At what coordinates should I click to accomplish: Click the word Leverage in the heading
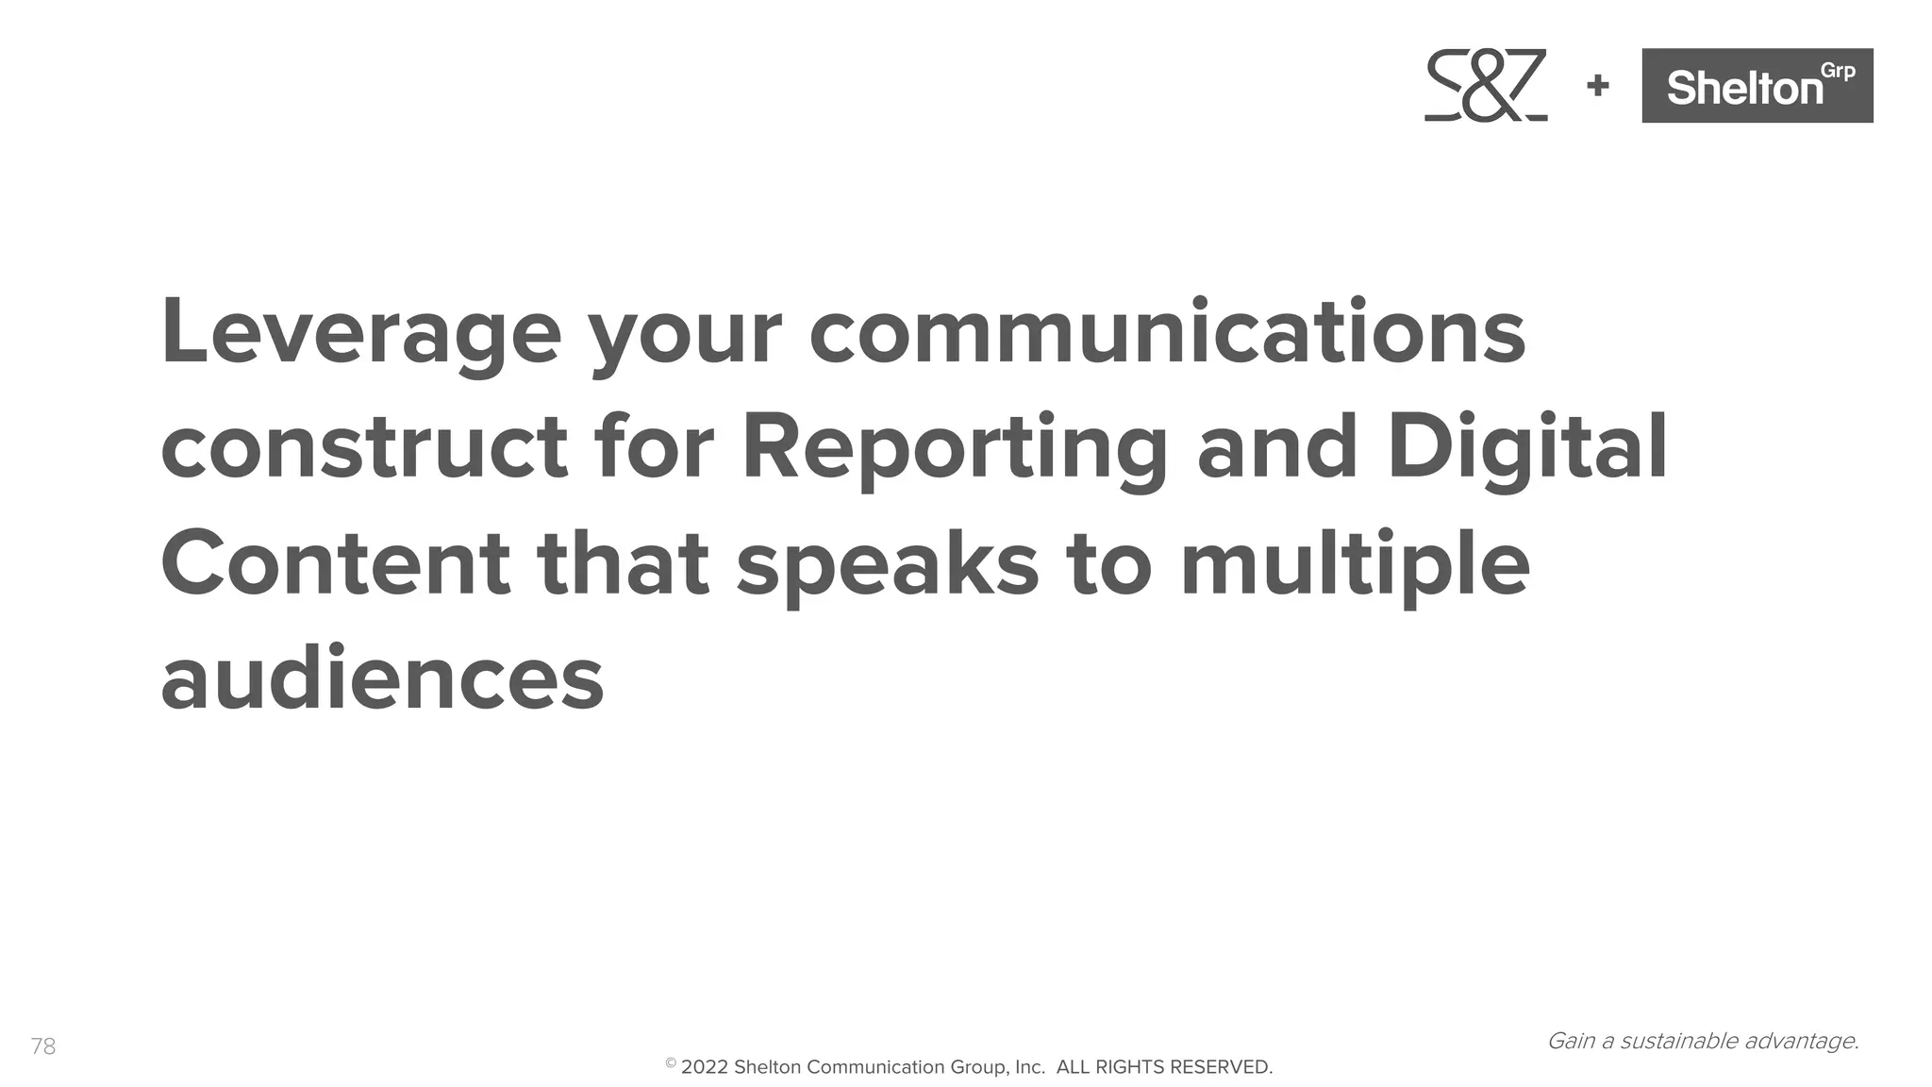click(361, 333)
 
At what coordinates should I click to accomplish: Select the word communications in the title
click(1167, 333)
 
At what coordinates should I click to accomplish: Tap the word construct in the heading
click(364, 448)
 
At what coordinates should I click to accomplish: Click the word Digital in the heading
click(1526, 448)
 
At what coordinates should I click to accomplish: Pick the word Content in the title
click(335, 563)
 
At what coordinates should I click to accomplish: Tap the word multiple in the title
click(1355, 563)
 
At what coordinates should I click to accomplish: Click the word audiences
click(382, 678)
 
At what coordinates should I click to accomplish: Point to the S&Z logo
click(1486, 86)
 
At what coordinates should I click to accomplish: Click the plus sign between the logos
click(1598, 86)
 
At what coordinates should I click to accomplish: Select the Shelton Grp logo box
click(1757, 86)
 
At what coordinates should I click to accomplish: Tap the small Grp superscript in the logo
click(1838, 72)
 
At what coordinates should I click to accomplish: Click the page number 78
click(43, 1046)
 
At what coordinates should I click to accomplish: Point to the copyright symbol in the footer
click(671, 1063)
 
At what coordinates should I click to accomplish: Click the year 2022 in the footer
click(704, 1067)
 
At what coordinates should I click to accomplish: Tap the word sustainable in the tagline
click(1679, 1041)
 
